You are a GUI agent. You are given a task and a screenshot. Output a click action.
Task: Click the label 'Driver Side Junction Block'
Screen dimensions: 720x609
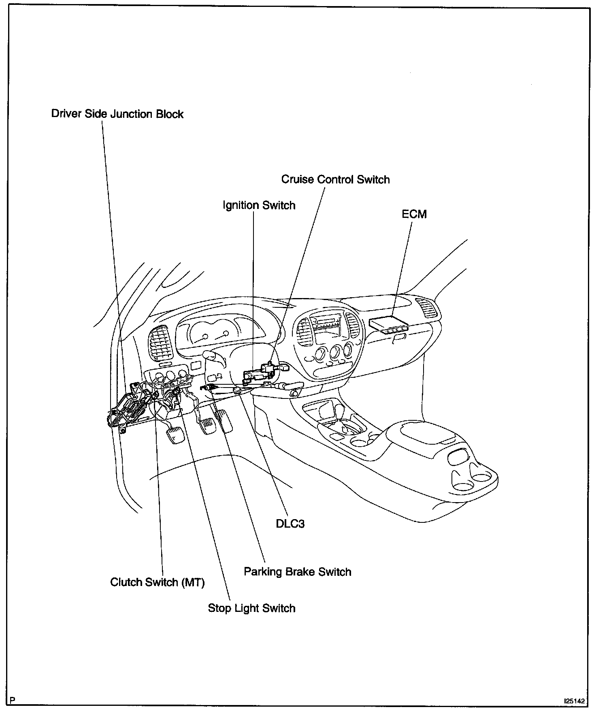(117, 114)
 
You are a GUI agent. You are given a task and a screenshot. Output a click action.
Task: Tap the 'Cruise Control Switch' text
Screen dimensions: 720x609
(335, 179)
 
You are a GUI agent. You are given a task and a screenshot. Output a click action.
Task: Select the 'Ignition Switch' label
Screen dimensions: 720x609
(259, 205)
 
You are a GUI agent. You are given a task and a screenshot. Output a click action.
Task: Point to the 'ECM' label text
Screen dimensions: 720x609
(414, 214)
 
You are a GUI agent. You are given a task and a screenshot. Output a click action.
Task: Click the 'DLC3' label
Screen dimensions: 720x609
(290, 524)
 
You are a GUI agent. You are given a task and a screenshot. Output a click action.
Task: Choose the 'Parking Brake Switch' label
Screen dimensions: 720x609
(297, 572)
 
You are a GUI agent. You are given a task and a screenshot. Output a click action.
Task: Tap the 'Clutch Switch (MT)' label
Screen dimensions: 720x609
(158, 582)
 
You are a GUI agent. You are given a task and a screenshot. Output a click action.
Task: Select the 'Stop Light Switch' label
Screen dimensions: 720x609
(251, 608)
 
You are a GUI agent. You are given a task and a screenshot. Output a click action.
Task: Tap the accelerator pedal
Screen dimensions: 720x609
(224, 421)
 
